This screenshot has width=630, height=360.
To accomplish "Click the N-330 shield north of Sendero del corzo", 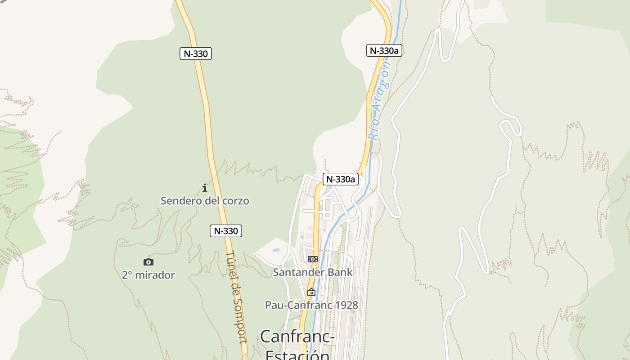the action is pyautogui.click(x=195, y=54).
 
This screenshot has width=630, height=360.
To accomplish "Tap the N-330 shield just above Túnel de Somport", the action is pyautogui.click(x=226, y=231).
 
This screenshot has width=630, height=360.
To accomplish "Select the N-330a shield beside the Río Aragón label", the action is pyautogui.click(x=384, y=50).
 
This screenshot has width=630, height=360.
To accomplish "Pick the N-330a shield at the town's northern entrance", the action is pyautogui.click(x=341, y=179).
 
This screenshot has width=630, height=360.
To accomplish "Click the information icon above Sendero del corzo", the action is pyautogui.click(x=205, y=188).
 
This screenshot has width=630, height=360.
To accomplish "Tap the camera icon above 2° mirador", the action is pyautogui.click(x=148, y=262).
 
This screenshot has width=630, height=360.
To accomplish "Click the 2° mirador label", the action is pyautogui.click(x=148, y=275).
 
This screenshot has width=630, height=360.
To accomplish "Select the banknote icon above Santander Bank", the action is pyautogui.click(x=312, y=259).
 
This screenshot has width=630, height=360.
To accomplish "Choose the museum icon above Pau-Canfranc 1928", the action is pyautogui.click(x=311, y=292).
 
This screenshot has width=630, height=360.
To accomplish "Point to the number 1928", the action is pyautogui.click(x=346, y=305).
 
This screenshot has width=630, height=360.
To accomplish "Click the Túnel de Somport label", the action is pyautogui.click(x=237, y=297).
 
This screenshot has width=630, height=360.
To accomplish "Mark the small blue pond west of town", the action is pyautogui.click(x=275, y=249).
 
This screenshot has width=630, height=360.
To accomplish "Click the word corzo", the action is pyautogui.click(x=235, y=201).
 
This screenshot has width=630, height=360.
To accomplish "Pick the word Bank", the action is pyautogui.click(x=342, y=272).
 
